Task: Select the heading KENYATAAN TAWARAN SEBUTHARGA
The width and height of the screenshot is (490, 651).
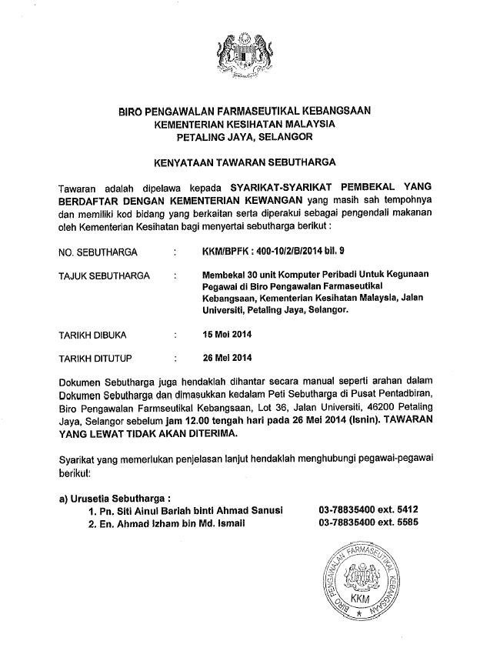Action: tap(244, 163)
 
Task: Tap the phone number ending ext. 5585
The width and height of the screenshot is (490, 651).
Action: tap(368, 524)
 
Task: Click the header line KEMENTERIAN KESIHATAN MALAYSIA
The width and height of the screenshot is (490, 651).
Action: tap(245, 124)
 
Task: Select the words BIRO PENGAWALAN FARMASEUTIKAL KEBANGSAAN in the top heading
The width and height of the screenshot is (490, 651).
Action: tap(245, 111)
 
